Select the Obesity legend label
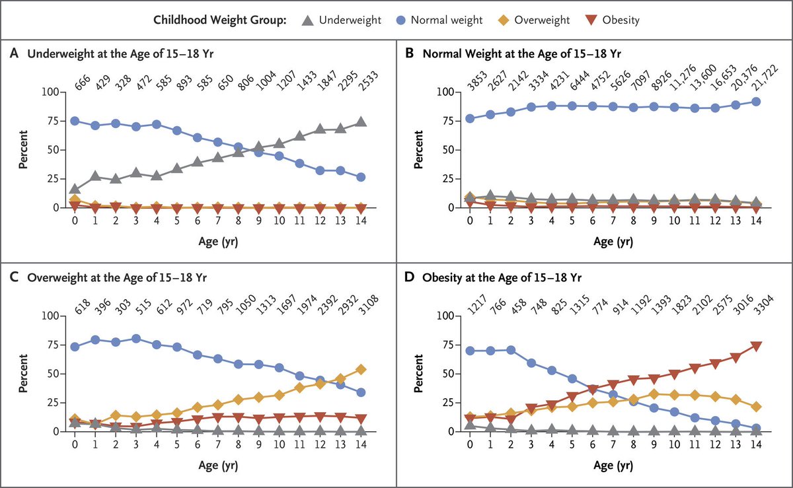pyautogui.click(x=621, y=20)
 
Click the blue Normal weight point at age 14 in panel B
pyautogui.click(x=756, y=102)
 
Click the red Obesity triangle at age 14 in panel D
pyautogui.click(x=756, y=346)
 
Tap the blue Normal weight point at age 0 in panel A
pyautogui.click(x=75, y=121)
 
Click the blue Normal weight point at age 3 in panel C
pyautogui.click(x=137, y=339)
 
